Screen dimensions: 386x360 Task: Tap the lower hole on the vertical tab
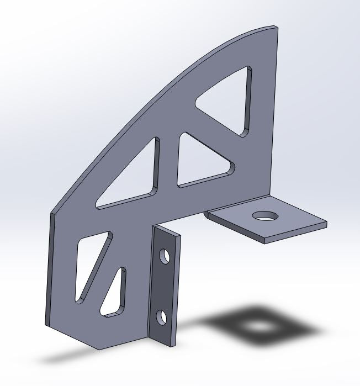161,317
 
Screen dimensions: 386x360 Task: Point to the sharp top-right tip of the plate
276,27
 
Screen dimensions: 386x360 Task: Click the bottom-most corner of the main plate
98,349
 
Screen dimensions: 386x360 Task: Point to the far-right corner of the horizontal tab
326,224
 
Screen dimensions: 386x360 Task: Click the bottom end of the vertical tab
166,345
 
